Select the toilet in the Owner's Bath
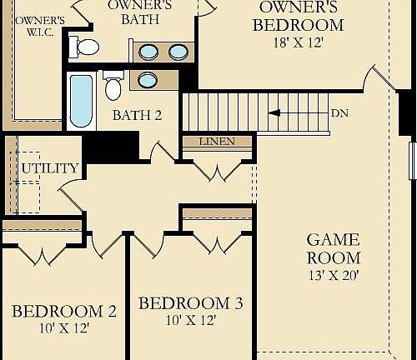click(x=84, y=47)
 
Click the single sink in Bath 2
click(x=147, y=80)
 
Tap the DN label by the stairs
click(x=339, y=112)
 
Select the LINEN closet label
click(x=216, y=142)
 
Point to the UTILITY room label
click(x=50, y=167)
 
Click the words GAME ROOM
click(x=334, y=247)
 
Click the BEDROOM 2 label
click(x=64, y=312)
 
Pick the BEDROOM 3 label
click(x=191, y=303)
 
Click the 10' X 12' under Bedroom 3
click(x=191, y=320)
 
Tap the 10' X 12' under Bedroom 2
click(x=64, y=328)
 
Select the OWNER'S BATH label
click(x=139, y=12)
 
